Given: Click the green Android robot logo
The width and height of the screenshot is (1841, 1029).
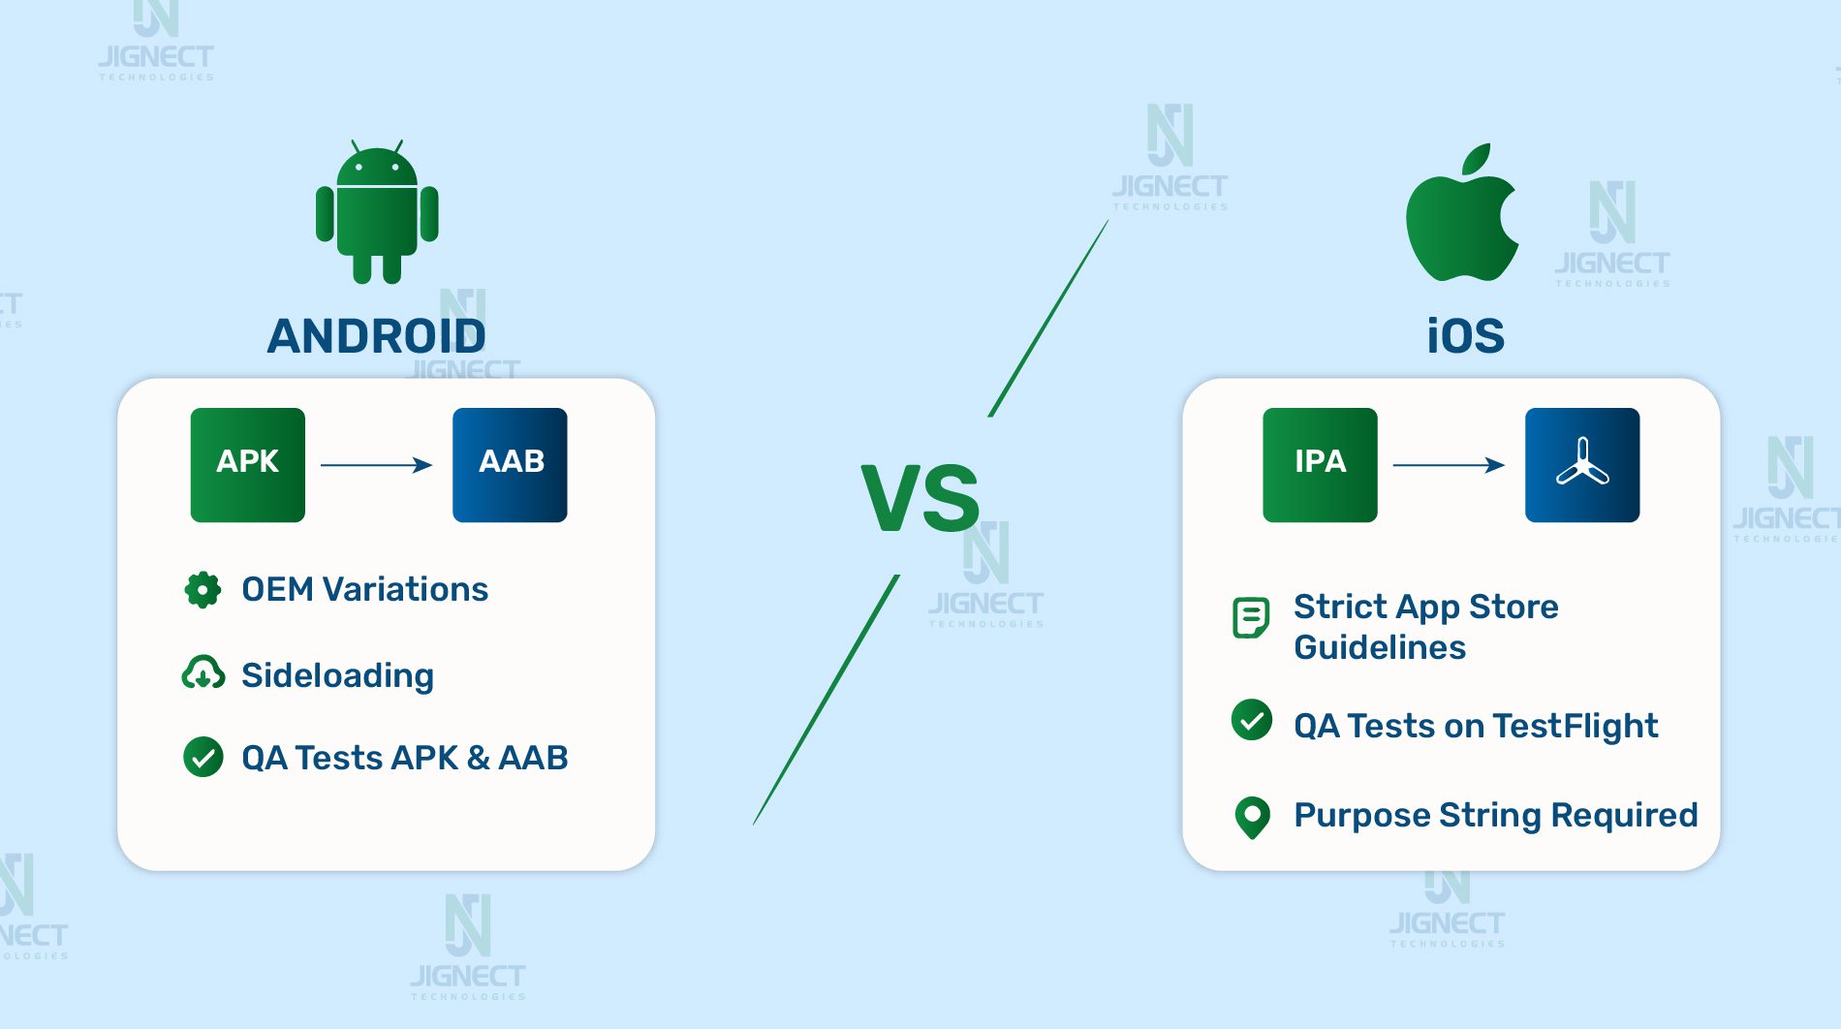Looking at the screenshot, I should click(x=377, y=213).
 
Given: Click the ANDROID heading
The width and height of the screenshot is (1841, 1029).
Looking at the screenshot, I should click(x=376, y=336).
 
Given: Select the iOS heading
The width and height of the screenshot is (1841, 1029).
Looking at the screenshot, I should click(x=1465, y=336).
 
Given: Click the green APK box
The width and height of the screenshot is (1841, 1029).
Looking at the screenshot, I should click(x=248, y=465).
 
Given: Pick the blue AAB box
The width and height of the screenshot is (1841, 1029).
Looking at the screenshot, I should click(x=510, y=465).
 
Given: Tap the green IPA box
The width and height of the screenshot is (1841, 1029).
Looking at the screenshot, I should click(x=1320, y=465).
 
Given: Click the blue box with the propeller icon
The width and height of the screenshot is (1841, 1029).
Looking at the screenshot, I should click(x=1582, y=465).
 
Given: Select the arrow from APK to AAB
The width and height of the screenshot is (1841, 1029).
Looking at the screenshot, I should click(x=376, y=465).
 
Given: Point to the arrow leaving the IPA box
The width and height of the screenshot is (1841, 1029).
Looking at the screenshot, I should click(x=1449, y=465).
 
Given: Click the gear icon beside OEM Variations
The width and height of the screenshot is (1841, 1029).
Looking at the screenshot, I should click(x=203, y=589).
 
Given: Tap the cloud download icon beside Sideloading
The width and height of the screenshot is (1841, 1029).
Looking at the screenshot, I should click(x=203, y=674).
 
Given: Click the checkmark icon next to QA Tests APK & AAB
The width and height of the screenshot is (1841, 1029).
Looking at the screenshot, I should click(x=203, y=758).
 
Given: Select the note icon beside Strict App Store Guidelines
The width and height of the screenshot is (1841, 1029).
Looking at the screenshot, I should click(x=1251, y=617).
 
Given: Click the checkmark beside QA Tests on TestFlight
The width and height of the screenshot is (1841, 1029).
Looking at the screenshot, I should click(x=1252, y=720).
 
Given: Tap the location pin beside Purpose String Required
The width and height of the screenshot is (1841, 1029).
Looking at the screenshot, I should click(x=1252, y=817).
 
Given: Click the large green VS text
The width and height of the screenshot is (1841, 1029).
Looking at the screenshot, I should click(x=920, y=499).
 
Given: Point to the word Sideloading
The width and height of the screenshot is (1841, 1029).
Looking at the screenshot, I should click(x=337, y=675).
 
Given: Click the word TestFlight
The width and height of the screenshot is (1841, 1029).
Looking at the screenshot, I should click(x=1576, y=726).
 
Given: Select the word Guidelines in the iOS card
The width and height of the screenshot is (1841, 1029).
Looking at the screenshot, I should click(x=1380, y=647).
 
